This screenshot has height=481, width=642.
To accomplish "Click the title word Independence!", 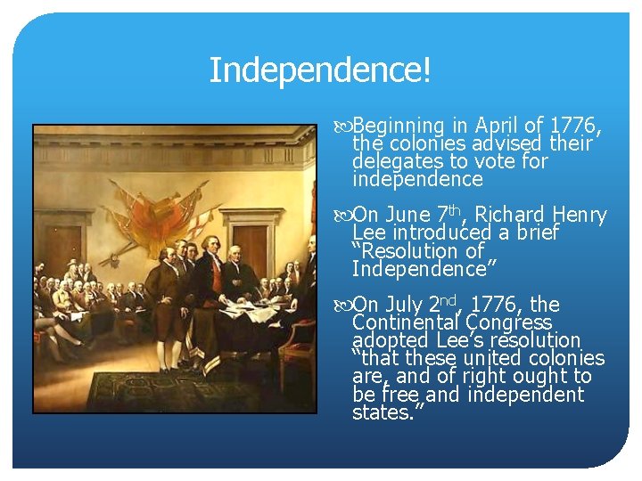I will tap(320, 70).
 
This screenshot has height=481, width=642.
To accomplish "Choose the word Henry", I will tap(580, 216).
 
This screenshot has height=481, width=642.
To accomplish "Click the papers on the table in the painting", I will tap(245, 307).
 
